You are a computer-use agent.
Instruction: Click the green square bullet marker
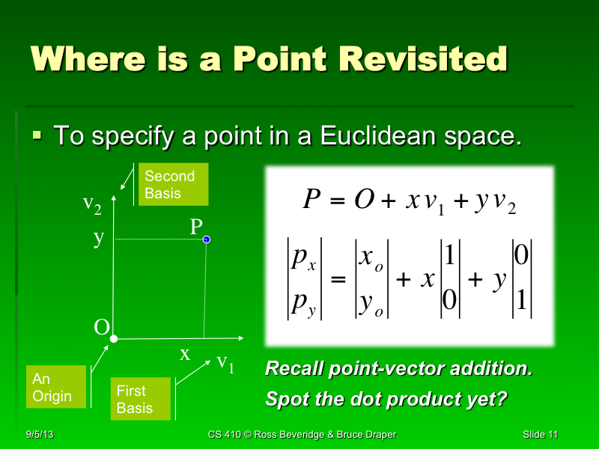click(37, 135)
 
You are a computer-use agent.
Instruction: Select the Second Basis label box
click(174, 185)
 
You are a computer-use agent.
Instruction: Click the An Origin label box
click(55, 387)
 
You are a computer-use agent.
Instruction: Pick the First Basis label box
click(140, 399)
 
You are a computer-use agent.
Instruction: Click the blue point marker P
click(207, 239)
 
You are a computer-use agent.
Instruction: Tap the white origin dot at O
click(114, 339)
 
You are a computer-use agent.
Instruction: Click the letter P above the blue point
click(196, 226)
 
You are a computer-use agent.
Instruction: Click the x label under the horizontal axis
click(185, 355)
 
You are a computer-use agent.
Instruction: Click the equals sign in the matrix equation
click(338, 281)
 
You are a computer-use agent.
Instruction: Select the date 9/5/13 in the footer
click(39, 435)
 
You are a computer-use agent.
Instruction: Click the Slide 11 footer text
click(541, 435)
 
